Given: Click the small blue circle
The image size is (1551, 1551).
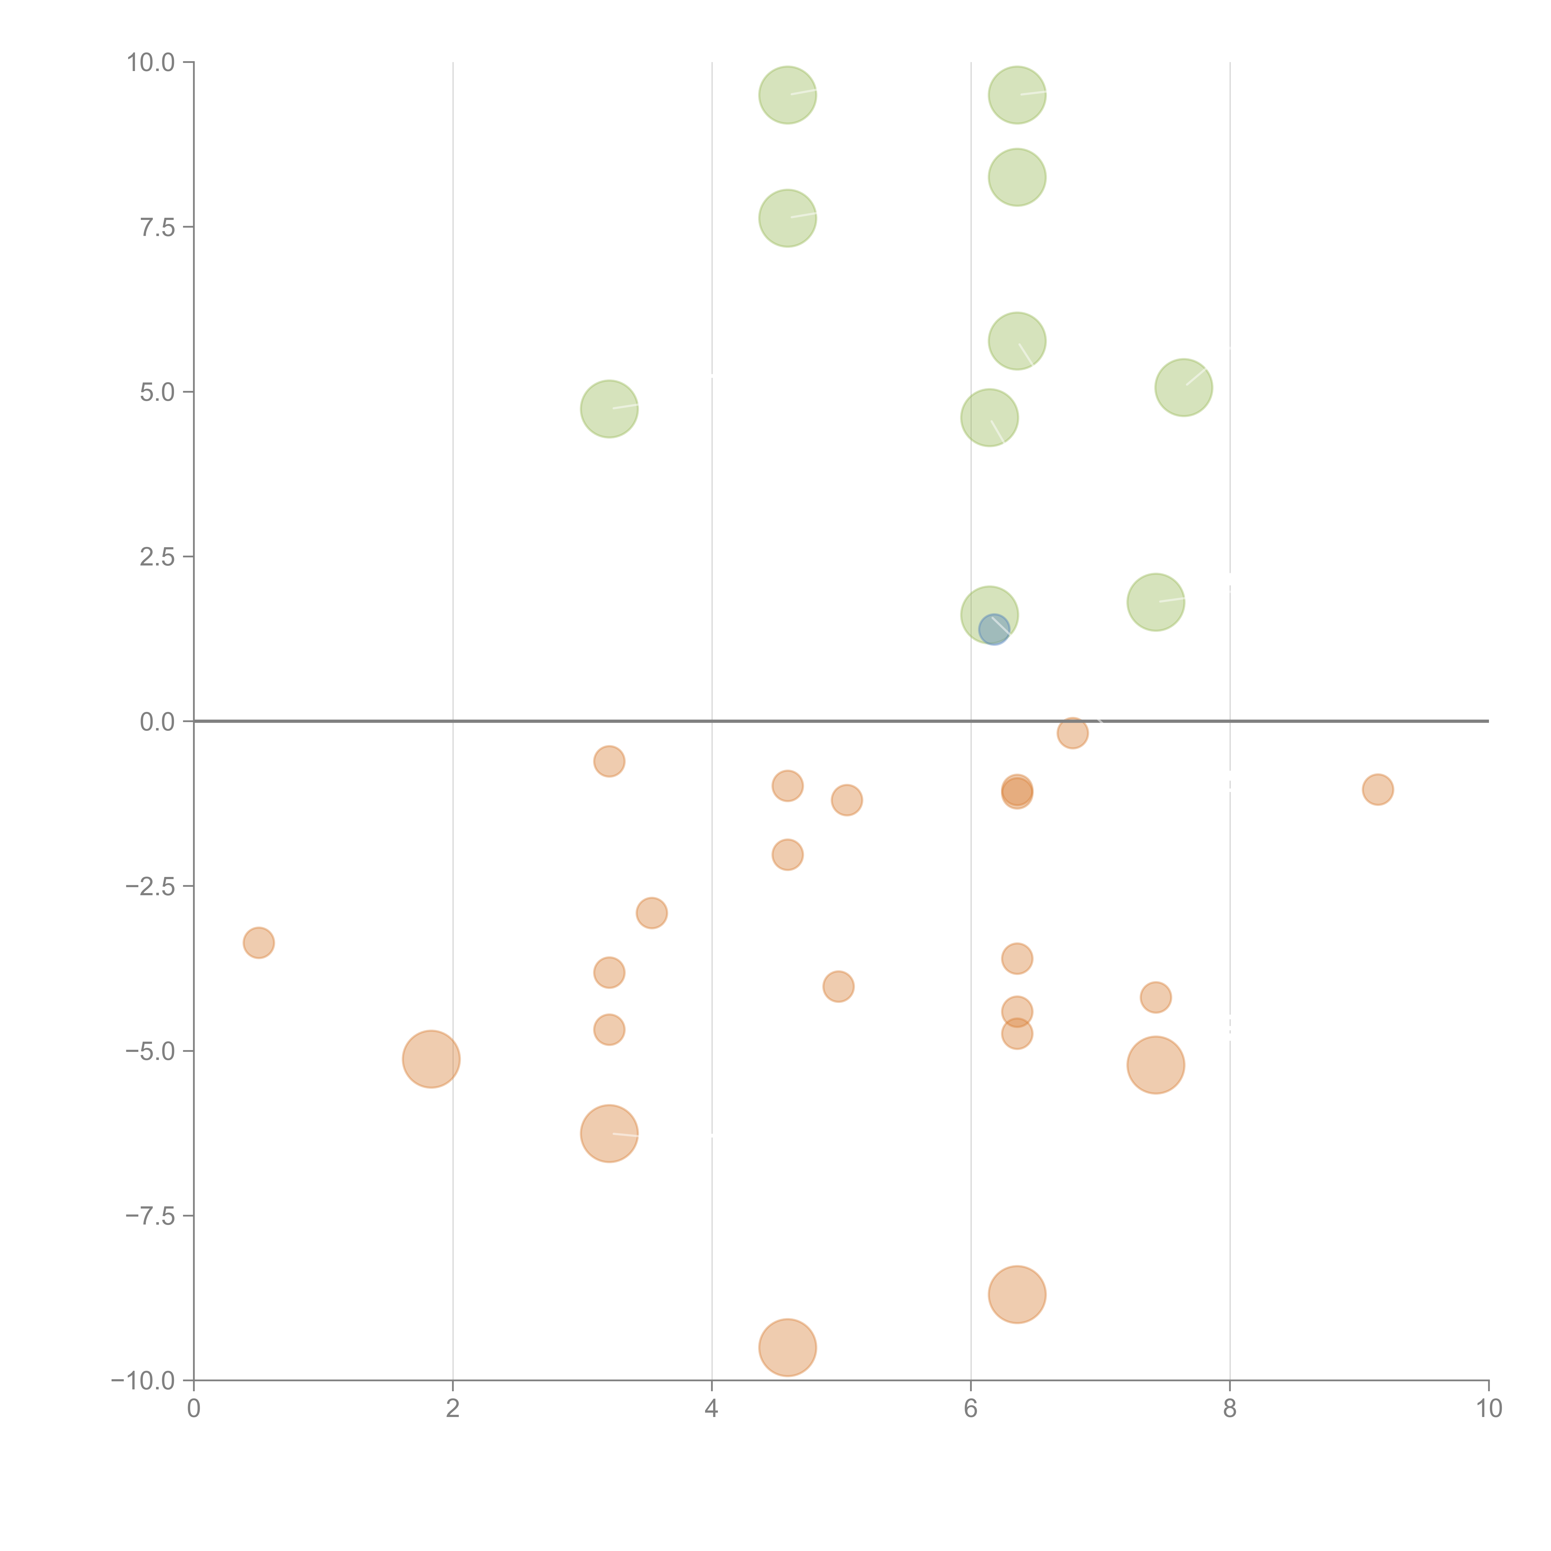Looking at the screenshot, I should pos(994,629).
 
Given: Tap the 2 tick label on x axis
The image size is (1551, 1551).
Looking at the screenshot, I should pos(453,1409).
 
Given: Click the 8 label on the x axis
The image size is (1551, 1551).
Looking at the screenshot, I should pos(1230,1409).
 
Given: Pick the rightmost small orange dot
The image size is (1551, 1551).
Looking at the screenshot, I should pos(1378,789).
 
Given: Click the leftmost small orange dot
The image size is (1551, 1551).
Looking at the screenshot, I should pos(258,942).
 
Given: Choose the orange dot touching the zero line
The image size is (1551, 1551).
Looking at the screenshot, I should pos(1073,732).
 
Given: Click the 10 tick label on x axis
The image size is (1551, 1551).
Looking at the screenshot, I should pos(1488,1409).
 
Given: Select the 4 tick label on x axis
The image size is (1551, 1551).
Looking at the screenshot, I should pos(711,1409).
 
